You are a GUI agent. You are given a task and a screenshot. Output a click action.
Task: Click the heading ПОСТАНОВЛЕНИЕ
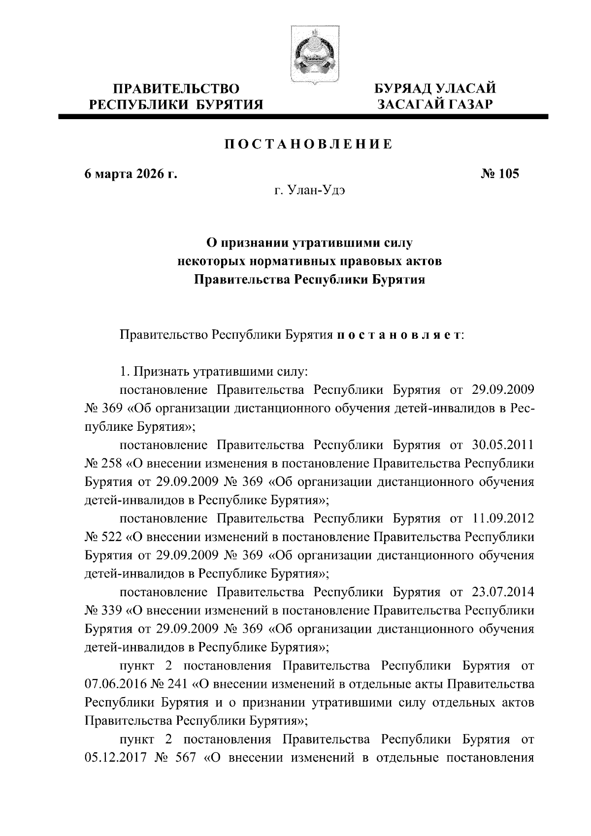(x=309, y=144)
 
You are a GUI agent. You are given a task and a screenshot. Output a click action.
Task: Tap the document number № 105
(x=499, y=174)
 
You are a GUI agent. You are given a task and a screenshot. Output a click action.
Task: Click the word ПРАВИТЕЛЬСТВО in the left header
(x=177, y=89)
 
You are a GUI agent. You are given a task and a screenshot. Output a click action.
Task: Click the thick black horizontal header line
(x=303, y=117)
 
